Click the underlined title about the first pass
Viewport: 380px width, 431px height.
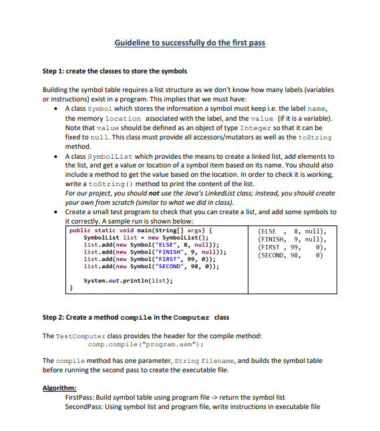(190, 43)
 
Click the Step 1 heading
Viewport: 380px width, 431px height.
(114, 71)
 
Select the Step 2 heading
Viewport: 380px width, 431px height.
(135, 317)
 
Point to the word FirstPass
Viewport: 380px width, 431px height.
(80, 397)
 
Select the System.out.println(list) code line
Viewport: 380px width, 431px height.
(128, 280)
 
